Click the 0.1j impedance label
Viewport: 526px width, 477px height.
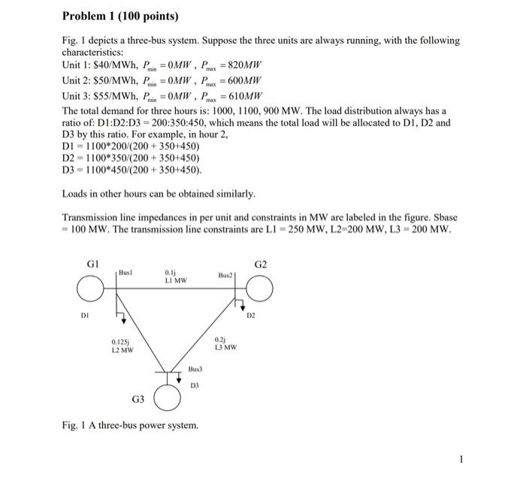[x=171, y=273]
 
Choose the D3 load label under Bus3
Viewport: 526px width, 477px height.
[x=195, y=385]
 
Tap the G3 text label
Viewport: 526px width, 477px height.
[x=139, y=400]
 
